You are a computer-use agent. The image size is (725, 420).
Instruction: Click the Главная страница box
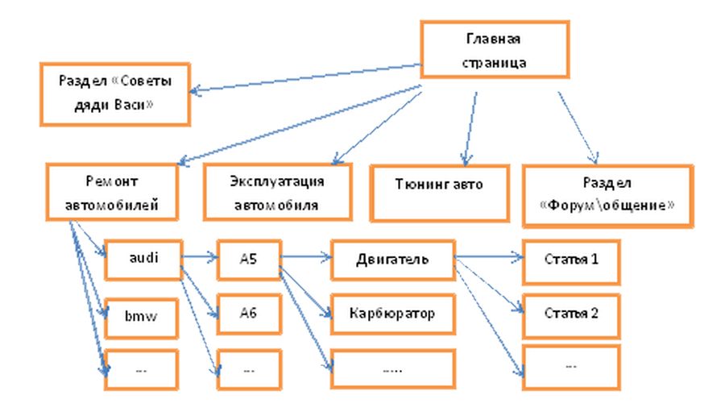[x=495, y=49]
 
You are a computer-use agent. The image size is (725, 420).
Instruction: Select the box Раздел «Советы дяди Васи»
[x=115, y=94]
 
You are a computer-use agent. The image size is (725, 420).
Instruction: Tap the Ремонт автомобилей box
[x=112, y=192]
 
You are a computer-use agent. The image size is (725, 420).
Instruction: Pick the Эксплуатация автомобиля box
[x=277, y=192]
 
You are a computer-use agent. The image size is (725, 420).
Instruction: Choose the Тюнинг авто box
[x=440, y=193]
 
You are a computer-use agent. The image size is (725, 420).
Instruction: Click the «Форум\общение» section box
[x=607, y=196]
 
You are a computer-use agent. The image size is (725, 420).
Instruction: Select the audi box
[x=143, y=260]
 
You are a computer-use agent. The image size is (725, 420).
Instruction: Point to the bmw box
[x=141, y=318]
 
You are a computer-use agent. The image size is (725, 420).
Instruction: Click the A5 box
[x=249, y=260]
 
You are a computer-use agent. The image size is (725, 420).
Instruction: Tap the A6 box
[x=249, y=314]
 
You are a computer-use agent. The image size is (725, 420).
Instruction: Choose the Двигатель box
[x=392, y=260]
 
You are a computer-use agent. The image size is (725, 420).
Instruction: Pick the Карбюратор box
[x=392, y=314]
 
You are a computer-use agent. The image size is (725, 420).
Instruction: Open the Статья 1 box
[x=571, y=261]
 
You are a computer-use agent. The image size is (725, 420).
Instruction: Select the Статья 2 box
[x=571, y=315]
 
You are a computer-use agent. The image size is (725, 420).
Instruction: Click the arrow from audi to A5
[x=200, y=256]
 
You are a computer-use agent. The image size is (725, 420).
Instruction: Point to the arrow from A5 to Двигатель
[x=306, y=256]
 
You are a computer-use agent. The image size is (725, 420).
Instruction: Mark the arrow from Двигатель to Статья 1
[x=489, y=256]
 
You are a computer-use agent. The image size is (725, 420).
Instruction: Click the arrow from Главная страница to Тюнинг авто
[x=470, y=129]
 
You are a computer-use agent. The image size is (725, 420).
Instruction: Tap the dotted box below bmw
[x=141, y=369]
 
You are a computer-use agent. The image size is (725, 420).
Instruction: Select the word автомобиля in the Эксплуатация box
[x=276, y=205]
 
